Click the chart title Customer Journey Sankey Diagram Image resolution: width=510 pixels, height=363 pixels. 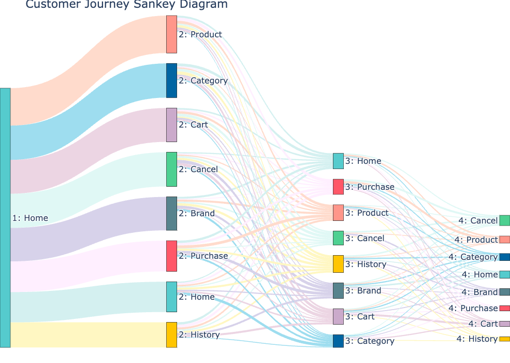click(126, 5)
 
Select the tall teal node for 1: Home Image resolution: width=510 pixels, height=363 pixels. click(5, 218)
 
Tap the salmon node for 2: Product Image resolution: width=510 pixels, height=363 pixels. click(171, 34)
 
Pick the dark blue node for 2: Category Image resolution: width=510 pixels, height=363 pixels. click(171, 80)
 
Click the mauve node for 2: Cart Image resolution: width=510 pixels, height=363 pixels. click(171, 125)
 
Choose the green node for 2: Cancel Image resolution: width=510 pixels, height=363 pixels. click(171, 169)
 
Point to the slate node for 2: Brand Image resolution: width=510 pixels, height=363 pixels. click(171, 214)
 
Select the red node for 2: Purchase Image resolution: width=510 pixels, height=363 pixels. click(171, 256)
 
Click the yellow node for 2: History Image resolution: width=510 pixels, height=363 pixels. click(171, 334)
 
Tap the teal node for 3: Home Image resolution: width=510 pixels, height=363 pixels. click(338, 161)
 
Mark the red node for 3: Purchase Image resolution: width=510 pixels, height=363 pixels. click(338, 187)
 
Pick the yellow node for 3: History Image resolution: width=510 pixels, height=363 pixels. click(338, 264)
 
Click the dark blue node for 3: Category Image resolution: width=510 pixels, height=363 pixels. click(338, 341)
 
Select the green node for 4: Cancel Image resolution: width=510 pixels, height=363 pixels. click(504, 220)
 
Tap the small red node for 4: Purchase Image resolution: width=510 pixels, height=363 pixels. click(504, 308)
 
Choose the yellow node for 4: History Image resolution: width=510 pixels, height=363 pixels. click(504, 339)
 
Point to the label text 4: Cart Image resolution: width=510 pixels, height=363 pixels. click(483, 324)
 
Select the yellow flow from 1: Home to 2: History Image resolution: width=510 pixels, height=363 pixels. click(88, 334)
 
